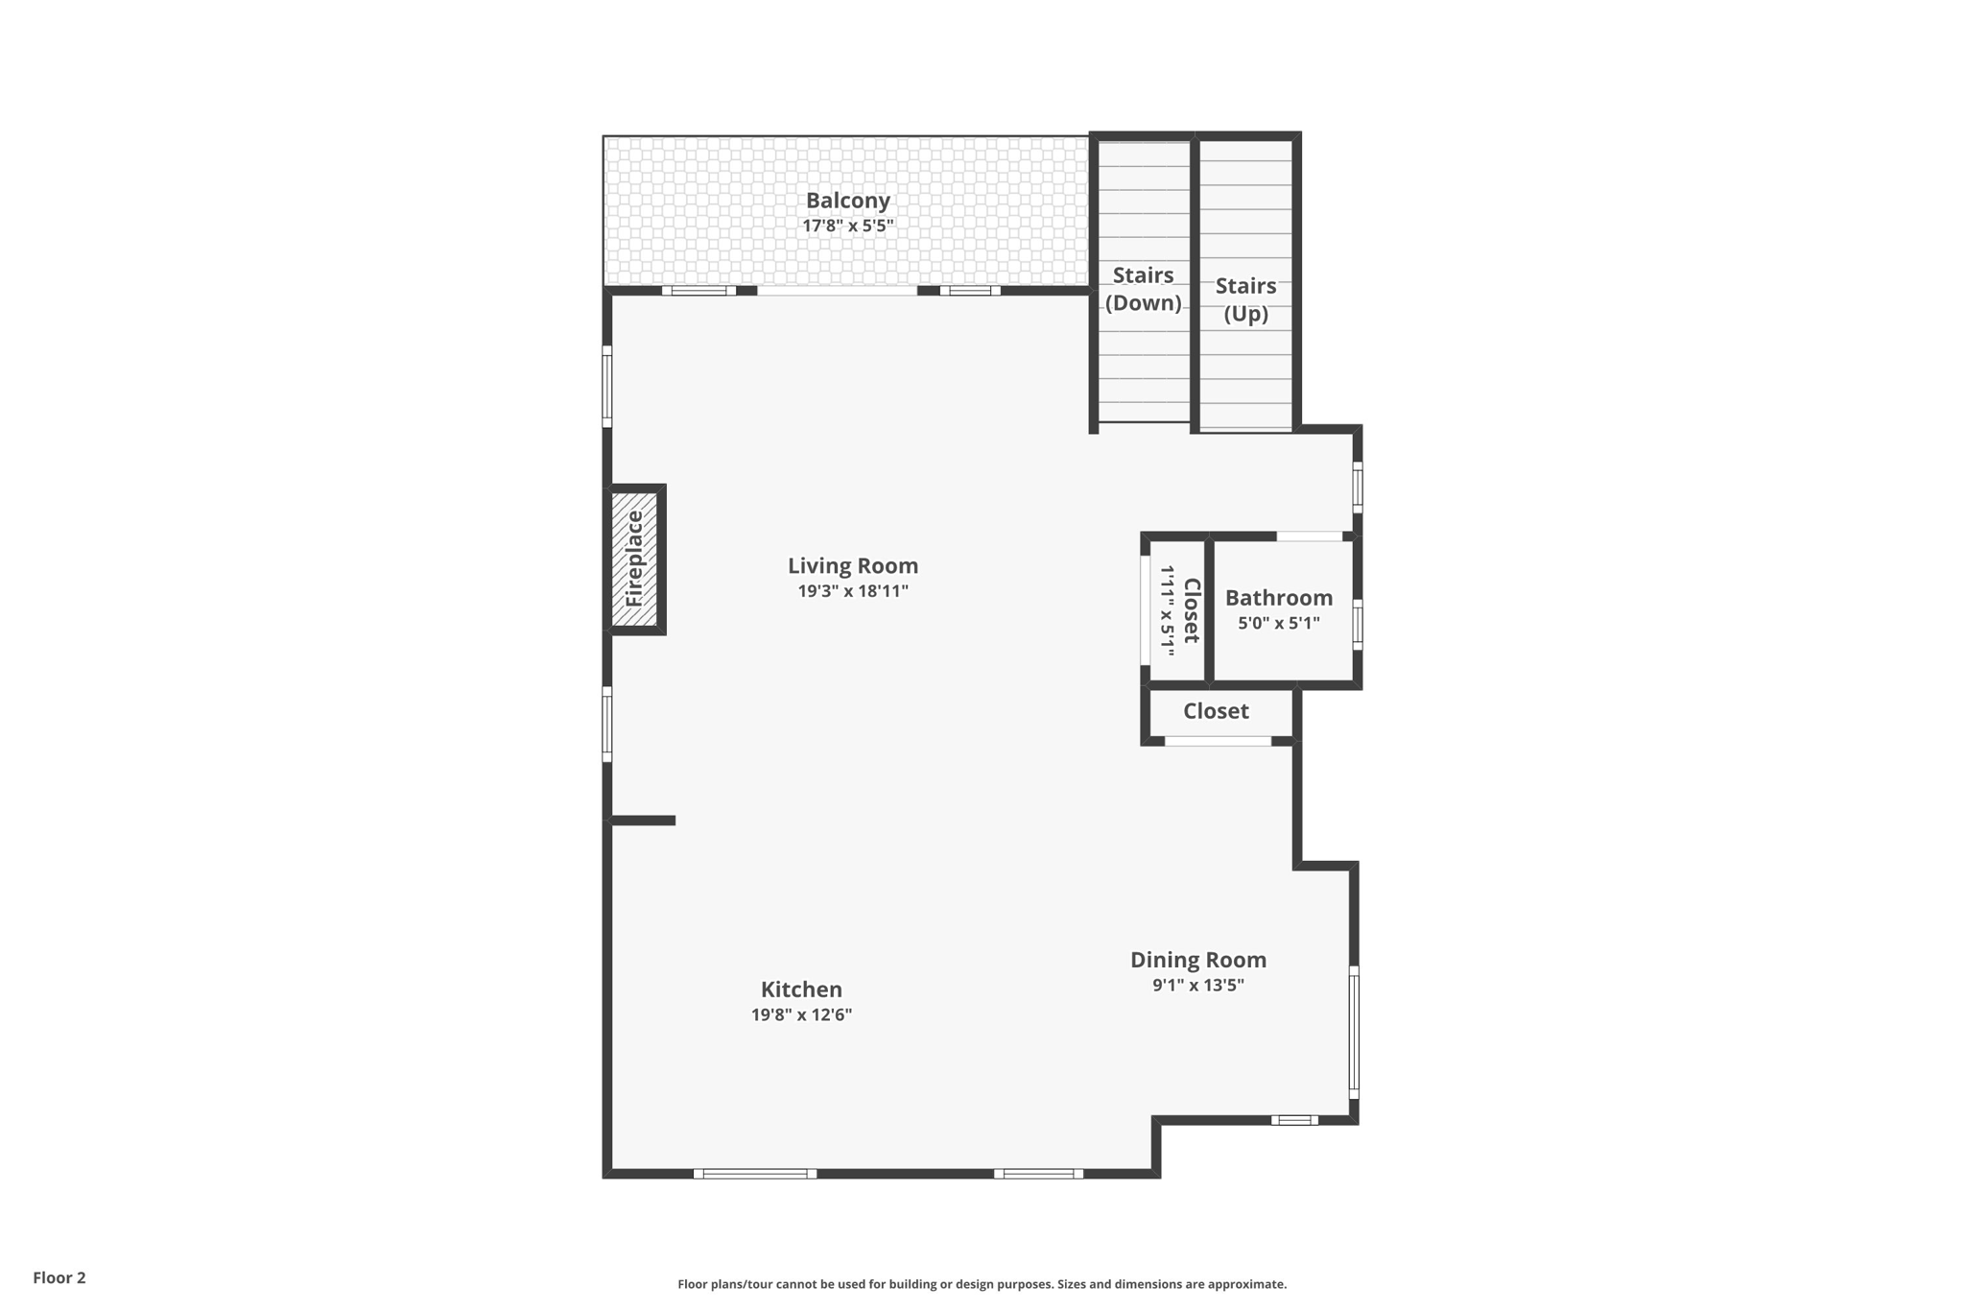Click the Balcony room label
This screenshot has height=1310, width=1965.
(847, 201)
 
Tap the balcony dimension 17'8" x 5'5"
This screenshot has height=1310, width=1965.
(848, 226)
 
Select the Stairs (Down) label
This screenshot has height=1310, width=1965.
(1143, 289)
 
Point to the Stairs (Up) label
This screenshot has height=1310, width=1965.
(1245, 299)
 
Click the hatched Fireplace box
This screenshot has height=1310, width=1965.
(635, 559)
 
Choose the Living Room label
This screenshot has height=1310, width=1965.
(853, 566)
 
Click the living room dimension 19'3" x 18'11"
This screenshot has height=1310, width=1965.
(853, 591)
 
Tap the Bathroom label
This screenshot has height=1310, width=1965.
(1278, 598)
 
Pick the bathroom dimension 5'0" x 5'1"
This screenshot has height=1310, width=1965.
(1278, 623)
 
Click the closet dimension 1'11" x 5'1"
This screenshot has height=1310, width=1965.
(1168, 610)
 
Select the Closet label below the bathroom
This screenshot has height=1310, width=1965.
(1216, 711)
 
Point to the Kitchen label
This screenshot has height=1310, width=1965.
(801, 989)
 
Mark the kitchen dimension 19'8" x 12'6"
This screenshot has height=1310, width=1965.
(801, 1015)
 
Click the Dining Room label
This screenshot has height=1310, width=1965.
(1197, 960)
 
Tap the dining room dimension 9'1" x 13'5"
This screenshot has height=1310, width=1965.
(1197, 985)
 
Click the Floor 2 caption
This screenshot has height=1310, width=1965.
(59, 1277)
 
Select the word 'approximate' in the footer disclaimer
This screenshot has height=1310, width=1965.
(1246, 1284)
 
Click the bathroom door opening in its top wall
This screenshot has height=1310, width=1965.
(1309, 536)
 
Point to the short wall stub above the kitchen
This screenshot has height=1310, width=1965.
(643, 821)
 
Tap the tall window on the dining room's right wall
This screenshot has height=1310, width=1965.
(1354, 1032)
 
